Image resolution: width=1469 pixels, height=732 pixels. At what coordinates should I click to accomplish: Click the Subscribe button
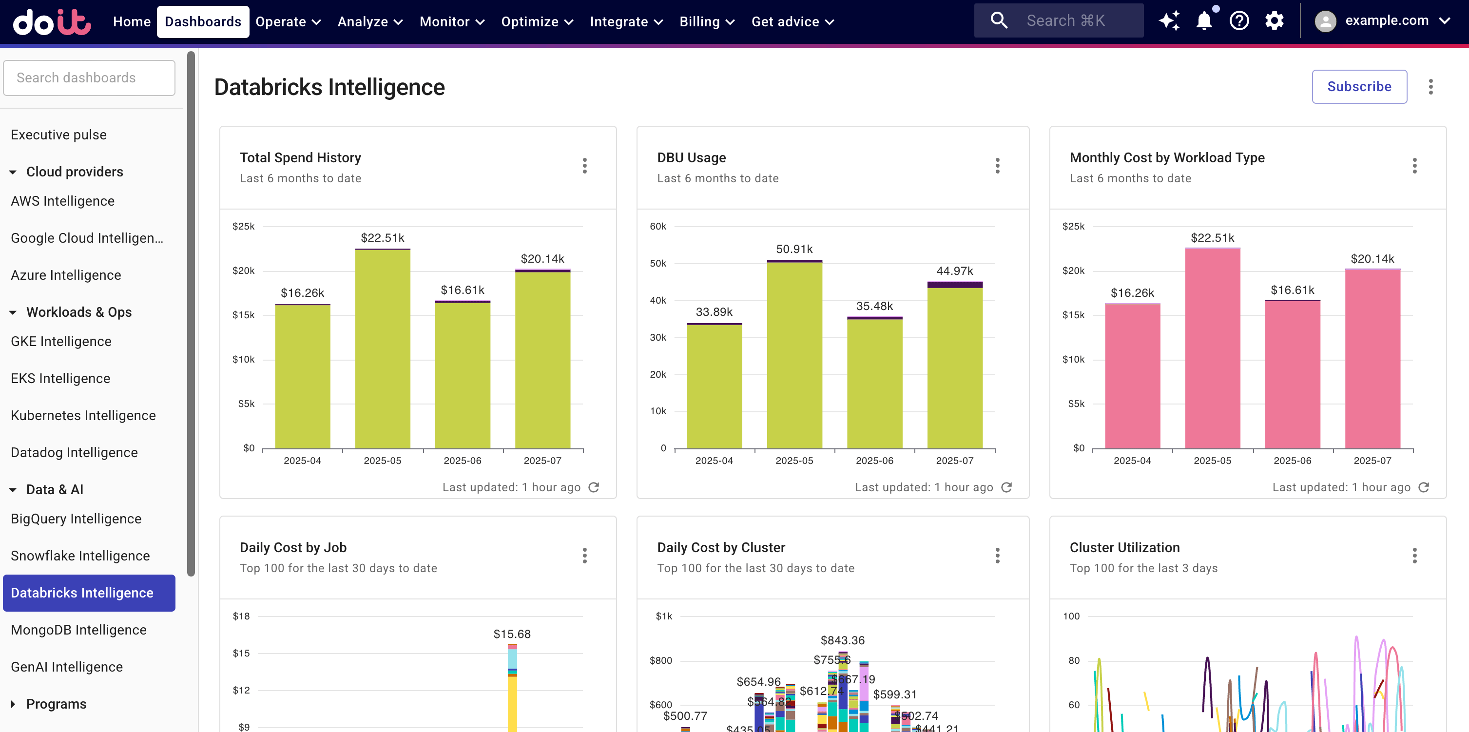point(1358,87)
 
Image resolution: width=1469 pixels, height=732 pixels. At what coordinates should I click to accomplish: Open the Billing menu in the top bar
point(706,21)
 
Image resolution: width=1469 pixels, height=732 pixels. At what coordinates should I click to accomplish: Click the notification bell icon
point(1203,21)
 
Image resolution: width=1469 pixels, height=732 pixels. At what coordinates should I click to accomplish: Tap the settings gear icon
point(1274,21)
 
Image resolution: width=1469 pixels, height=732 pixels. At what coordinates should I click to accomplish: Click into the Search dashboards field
point(89,78)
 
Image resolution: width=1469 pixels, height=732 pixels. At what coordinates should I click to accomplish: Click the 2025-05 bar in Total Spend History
point(382,349)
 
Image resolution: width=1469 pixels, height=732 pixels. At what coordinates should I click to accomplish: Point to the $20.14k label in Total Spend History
point(542,258)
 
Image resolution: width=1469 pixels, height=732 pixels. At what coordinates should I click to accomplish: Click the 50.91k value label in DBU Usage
point(794,249)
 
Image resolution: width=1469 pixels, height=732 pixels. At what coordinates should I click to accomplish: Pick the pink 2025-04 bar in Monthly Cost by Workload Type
point(1132,376)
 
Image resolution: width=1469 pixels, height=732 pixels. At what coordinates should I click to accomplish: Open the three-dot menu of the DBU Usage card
point(997,166)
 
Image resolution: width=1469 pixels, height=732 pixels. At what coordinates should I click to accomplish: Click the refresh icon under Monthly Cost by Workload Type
point(1423,487)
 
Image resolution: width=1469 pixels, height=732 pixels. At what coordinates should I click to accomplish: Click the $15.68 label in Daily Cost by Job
point(512,634)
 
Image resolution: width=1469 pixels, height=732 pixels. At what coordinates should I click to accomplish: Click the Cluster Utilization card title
point(1124,547)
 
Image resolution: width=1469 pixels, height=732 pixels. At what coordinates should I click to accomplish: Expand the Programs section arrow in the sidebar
point(13,704)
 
